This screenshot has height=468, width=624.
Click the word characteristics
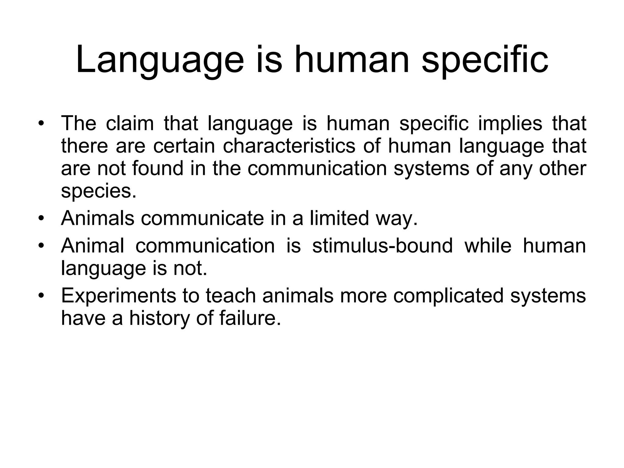coord(289,146)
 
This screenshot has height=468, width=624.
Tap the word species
coord(98,191)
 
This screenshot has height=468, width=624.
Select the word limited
coord(339,218)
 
